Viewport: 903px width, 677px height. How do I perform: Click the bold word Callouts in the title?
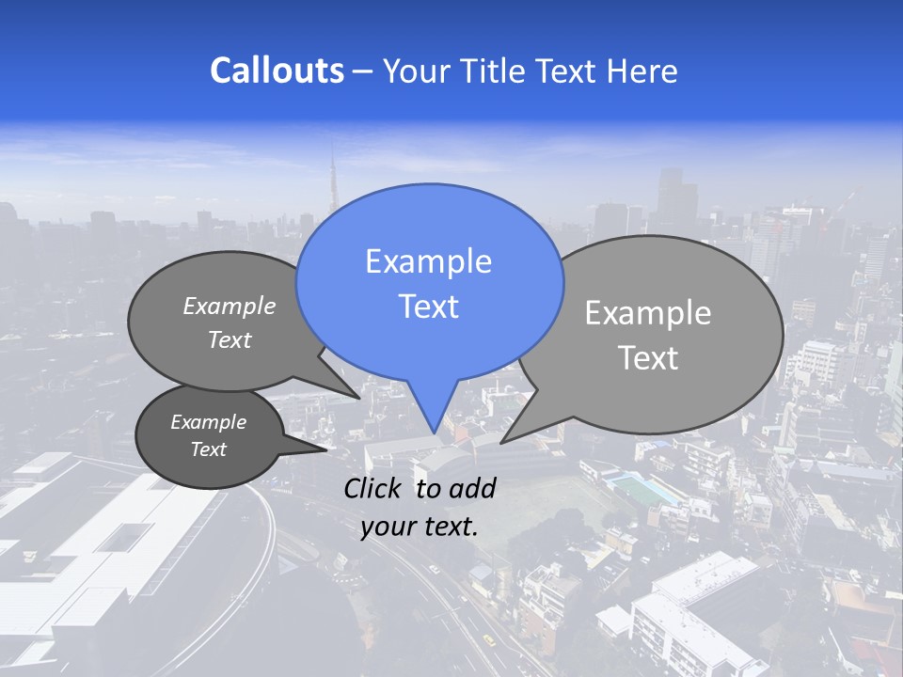pyautogui.click(x=277, y=71)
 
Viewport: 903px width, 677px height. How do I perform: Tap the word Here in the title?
pyautogui.click(x=642, y=71)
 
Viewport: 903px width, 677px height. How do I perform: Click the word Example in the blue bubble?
pyautogui.click(x=428, y=261)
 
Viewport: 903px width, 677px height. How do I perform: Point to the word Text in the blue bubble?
pyautogui.click(x=428, y=307)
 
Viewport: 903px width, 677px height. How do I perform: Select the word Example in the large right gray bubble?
pyautogui.click(x=648, y=313)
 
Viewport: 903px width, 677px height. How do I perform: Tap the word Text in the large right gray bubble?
pyautogui.click(x=648, y=358)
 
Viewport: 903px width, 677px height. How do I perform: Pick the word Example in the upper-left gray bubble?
pyautogui.click(x=230, y=306)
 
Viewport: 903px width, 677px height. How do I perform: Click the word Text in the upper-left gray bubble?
pyautogui.click(x=230, y=340)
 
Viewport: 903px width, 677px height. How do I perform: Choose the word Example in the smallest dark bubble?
pyautogui.click(x=208, y=422)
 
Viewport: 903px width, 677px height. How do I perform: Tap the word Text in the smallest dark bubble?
pyautogui.click(x=208, y=449)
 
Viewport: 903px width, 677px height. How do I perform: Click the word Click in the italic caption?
pyautogui.click(x=374, y=488)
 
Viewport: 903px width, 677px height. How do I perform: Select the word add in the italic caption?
pyautogui.click(x=472, y=488)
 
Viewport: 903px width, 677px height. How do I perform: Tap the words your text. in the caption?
pyautogui.click(x=419, y=527)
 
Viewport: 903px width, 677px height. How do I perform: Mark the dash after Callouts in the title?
pyautogui.click(x=364, y=71)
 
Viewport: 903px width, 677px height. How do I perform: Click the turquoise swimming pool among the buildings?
pyautogui.click(x=643, y=488)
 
